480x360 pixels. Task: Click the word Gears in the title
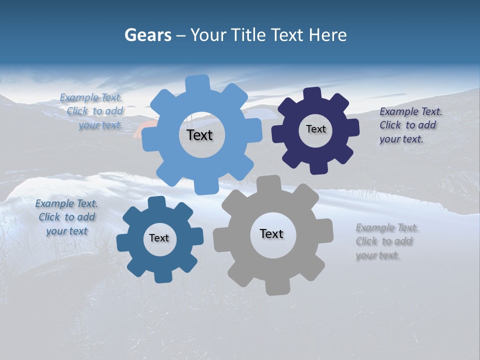pyautogui.click(x=147, y=35)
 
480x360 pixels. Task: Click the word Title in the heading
pyautogui.click(x=251, y=35)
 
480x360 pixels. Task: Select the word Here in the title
pyautogui.click(x=328, y=35)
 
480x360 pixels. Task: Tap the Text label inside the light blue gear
pyautogui.click(x=199, y=135)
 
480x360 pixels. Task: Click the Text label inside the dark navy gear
pyautogui.click(x=315, y=129)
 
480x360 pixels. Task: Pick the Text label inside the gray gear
pyautogui.click(x=271, y=233)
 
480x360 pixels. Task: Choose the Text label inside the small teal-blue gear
pyautogui.click(x=159, y=238)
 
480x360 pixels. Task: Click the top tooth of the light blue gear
pyautogui.click(x=198, y=83)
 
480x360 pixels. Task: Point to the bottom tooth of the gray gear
pyautogui.click(x=276, y=287)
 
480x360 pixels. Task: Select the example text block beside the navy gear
pyautogui.click(x=407, y=125)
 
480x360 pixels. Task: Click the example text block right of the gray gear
pyautogui.click(x=387, y=241)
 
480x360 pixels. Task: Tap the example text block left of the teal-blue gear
pyautogui.click(x=66, y=217)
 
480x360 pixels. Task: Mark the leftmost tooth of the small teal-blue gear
pyautogui.click(x=123, y=242)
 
